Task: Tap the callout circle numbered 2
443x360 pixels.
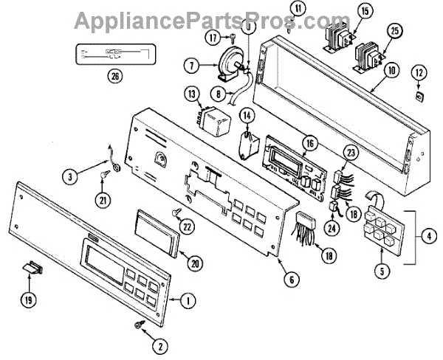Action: (x=157, y=343)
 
